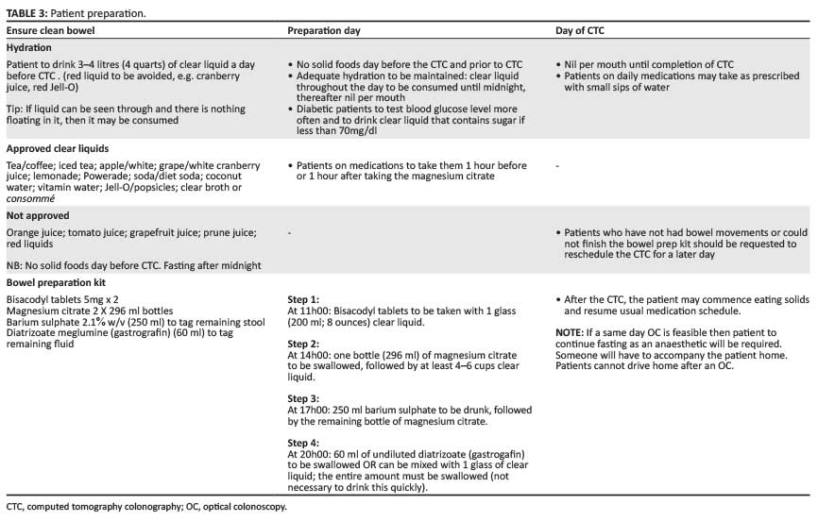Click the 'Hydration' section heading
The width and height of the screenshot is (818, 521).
pos(29,46)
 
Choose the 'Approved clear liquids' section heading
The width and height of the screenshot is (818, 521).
pos(57,148)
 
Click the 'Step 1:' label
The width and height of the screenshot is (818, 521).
pos(304,300)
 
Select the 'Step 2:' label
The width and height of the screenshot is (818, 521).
pos(304,344)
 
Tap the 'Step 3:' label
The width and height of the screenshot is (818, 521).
pos(304,398)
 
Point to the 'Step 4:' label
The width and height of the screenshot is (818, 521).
pos(304,443)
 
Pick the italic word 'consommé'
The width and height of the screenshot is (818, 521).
pos(30,199)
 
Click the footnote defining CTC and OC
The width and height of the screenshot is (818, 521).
pos(145,507)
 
